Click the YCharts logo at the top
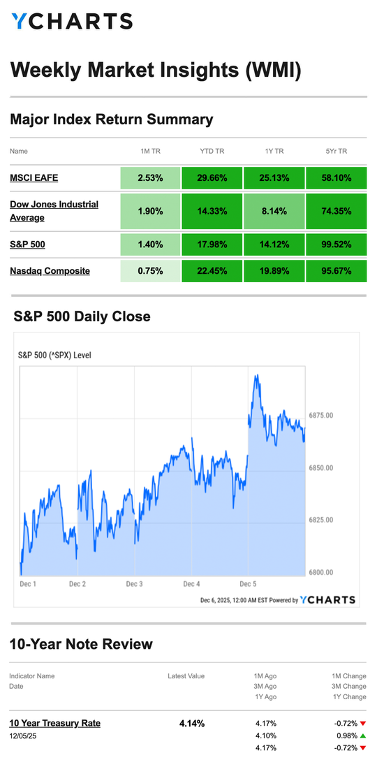[72, 22]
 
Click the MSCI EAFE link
[34, 178]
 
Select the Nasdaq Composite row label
[50, 270]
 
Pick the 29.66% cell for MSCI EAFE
[212, 178]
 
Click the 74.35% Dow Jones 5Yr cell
[336, 211]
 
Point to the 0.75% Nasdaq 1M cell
[150, 270]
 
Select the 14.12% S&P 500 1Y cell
[274, 244]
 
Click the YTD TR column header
[212, 151]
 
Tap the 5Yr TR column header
[336, 151]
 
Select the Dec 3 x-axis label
[134, 583]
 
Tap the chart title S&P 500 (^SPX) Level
[54, 355]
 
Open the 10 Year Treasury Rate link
[54, 723]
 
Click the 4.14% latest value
[192, 723]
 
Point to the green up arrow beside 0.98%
[363, 736]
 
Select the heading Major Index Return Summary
[111, 119]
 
